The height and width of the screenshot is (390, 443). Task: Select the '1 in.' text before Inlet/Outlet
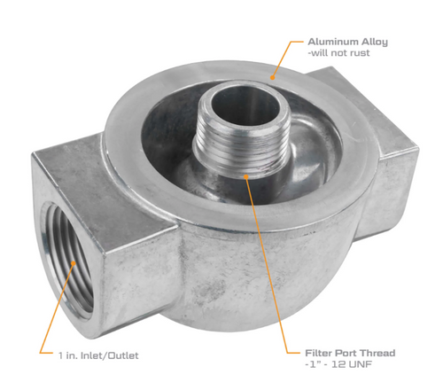[69, 355]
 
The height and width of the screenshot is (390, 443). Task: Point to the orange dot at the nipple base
[245, 175]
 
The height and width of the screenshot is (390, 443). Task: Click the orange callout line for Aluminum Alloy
[285, 58]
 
